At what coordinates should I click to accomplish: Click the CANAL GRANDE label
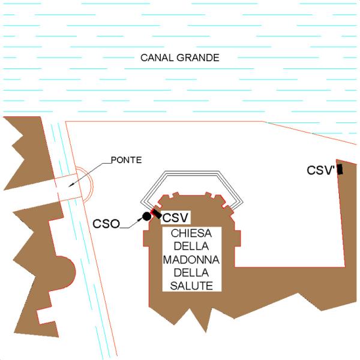click(x=180, y=58)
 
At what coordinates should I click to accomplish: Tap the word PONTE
click(x=126, y=160)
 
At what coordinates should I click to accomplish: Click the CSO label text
click(x=106, y=224)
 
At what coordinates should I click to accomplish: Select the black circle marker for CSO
click(x=147, y=216)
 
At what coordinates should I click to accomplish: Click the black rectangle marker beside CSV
click(x=157, y=214)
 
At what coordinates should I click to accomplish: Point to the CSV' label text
click(x=321, y=170)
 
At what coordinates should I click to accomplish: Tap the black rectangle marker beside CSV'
click(x=340, y=169)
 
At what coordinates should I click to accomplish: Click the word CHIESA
click(x=191, y=233)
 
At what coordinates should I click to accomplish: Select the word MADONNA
click(x=191, y=260)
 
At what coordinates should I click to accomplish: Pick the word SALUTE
click(x=191, y=286)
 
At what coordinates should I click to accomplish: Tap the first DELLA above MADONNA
click(x=191, y=247)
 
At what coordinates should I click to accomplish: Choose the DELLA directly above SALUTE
click(x=191, y=273)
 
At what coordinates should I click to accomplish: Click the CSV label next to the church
click(x=175, y=217)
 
